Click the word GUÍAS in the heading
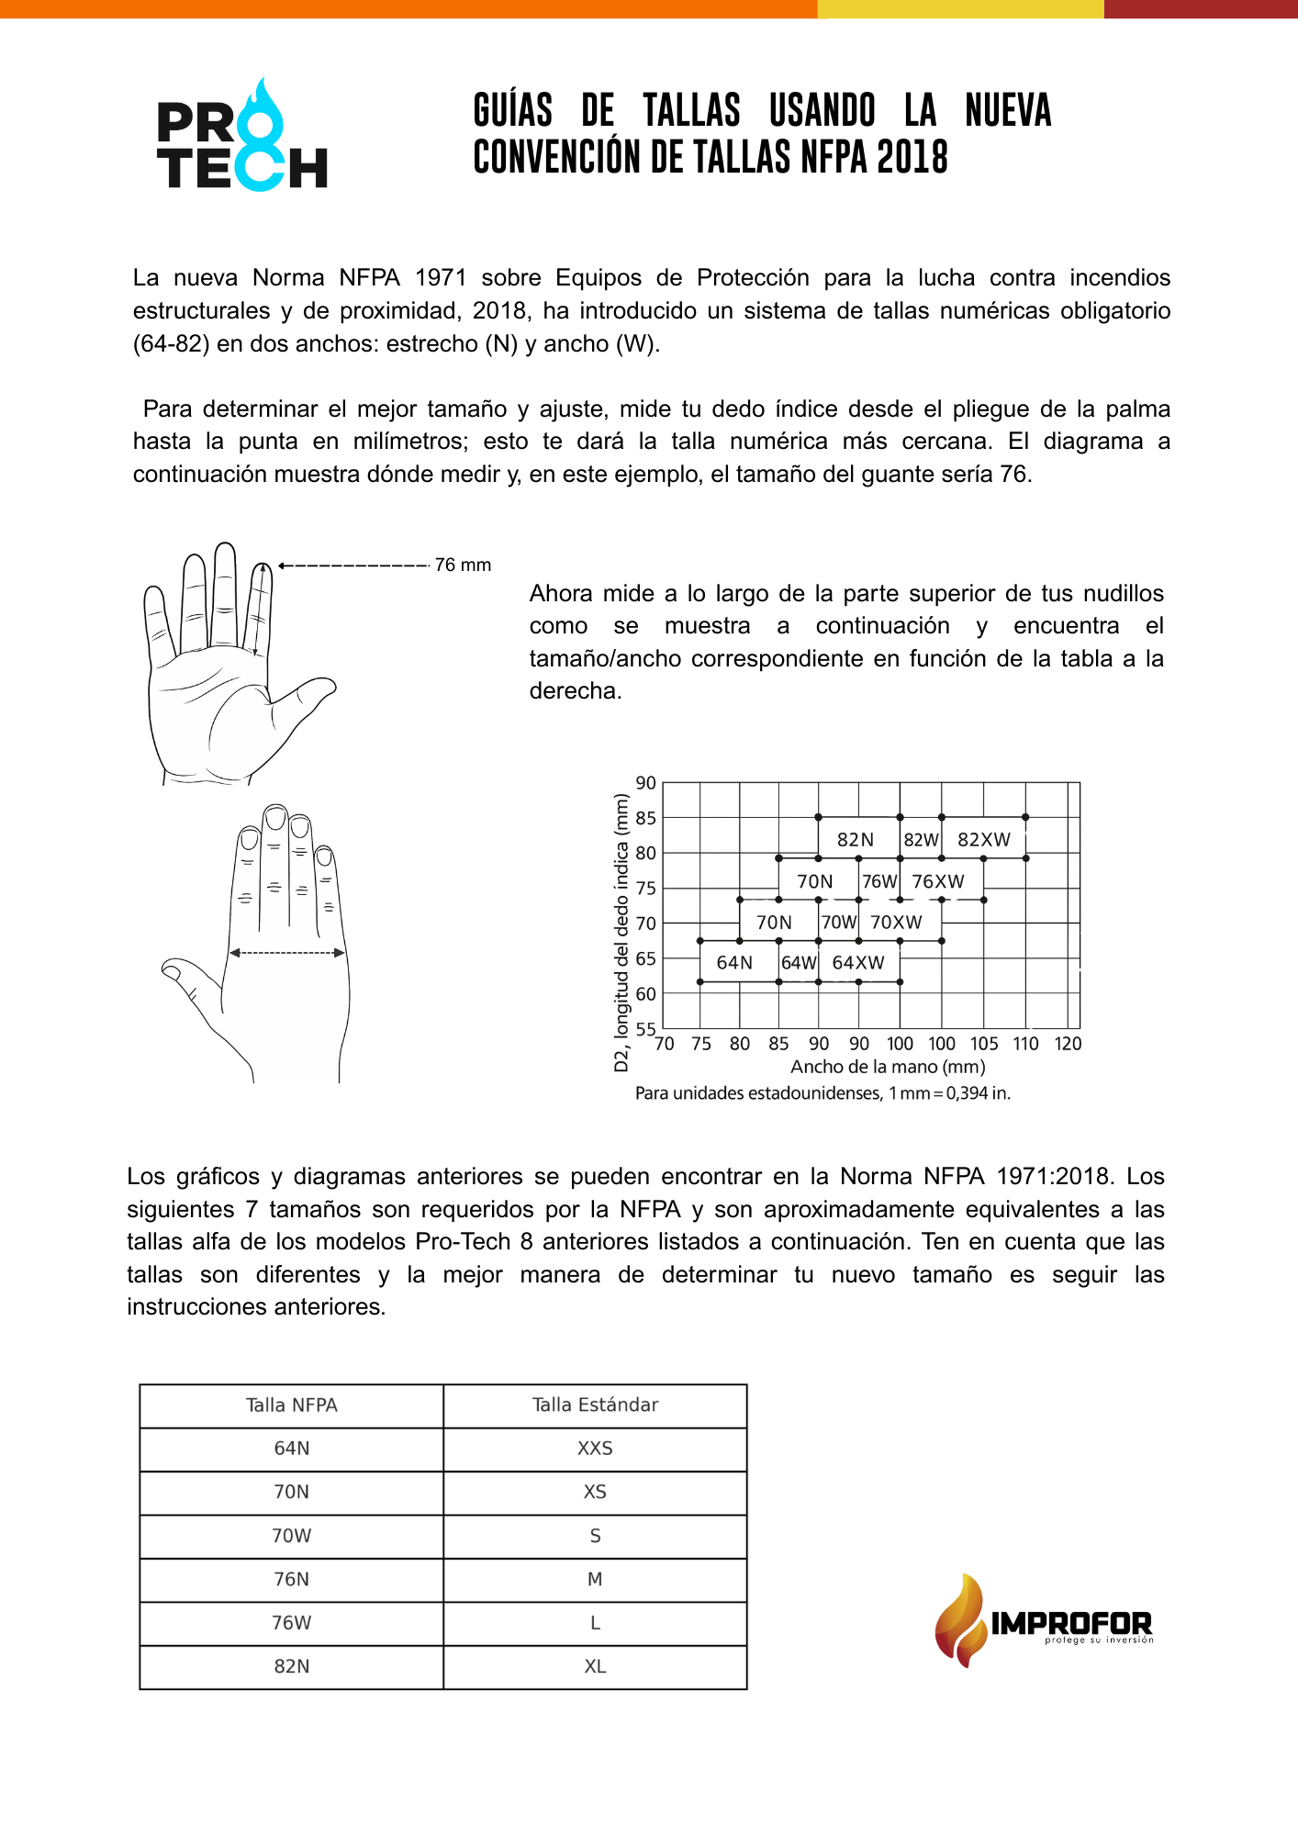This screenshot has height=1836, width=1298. pos(513,111)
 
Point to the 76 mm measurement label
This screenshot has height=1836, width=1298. pos(463,565)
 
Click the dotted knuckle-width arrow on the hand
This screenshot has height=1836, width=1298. pos(287,953)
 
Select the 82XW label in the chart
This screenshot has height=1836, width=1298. pos(983,840)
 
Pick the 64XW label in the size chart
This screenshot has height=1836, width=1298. pos(858,963)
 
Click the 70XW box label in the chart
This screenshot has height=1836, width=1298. pos(896,923)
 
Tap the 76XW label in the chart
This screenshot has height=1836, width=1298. pos(937,882)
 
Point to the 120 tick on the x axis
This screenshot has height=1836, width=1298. pos(1068,1044)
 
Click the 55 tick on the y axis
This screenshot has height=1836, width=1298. pos(646,1029)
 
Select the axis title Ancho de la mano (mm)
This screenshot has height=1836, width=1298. pos(888,1067)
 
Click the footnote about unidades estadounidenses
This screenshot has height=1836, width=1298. pos(822,1093)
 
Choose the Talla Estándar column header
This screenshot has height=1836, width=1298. pos(595,1405)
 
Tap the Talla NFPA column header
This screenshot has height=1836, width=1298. pos(292,1405)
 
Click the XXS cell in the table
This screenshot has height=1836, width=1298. pos(595,1449)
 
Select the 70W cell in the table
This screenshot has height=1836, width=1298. pos(292,1536)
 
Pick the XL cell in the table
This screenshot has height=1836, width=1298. pos(595,1667)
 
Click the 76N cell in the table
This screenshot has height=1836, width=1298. pos(292,1580)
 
